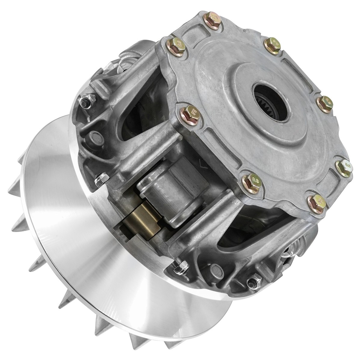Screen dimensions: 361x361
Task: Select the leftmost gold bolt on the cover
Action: tap(176, 47)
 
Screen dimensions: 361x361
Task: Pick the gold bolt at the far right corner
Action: tap(343, 168)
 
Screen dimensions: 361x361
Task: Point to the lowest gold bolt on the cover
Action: tap(317, 203)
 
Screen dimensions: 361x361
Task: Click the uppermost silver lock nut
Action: tap(86, 101)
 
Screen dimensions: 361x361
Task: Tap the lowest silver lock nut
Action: tap(252, 282)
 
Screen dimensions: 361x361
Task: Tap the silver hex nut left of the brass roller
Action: tap(101, 180)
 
